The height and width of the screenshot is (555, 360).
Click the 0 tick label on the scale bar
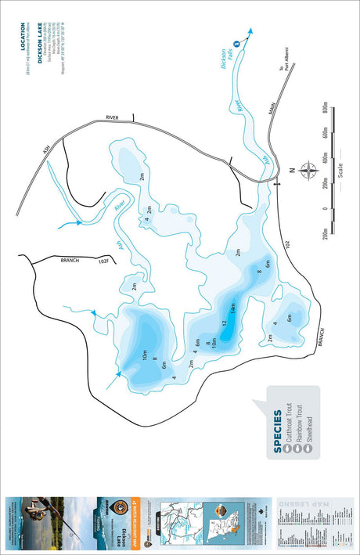tap(322, 209)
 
